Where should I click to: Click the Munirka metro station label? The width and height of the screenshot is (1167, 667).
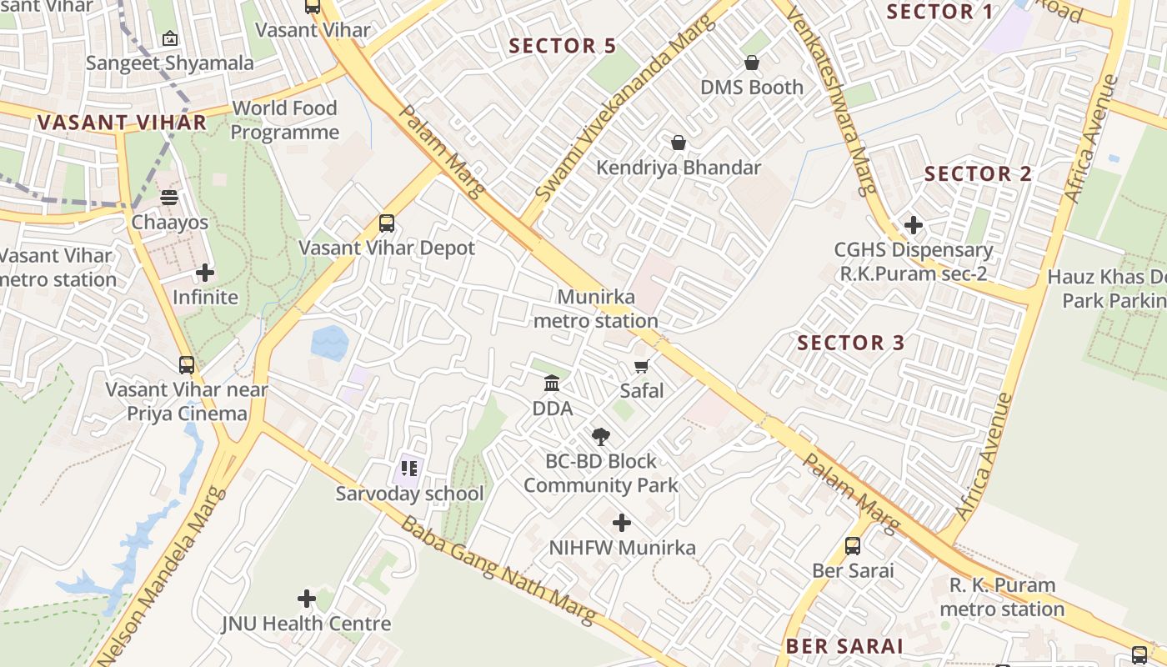596,308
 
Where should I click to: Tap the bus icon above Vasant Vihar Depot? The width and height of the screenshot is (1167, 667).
387,223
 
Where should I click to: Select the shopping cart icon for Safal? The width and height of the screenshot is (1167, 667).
642,367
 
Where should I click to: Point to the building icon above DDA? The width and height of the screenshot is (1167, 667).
552,384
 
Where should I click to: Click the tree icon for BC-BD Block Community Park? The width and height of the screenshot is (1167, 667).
600,436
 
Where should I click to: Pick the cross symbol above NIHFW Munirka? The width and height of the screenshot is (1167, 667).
622,523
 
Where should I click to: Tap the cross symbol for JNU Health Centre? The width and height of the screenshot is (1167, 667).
307,598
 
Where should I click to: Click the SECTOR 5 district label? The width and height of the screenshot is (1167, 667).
563,46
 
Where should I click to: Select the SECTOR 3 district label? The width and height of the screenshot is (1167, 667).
851,343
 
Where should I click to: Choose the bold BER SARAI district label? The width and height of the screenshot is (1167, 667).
844,646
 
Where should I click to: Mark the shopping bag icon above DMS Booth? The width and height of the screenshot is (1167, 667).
752,63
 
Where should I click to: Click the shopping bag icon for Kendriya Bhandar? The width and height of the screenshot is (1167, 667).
679,143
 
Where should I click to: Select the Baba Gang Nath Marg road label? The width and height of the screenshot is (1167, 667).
499,571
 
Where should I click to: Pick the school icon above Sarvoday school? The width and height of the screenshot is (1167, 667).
408,469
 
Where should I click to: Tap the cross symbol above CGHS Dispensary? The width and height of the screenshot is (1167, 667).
914,225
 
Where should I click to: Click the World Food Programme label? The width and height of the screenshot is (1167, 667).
284,120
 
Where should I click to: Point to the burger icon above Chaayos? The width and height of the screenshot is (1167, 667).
169,198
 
